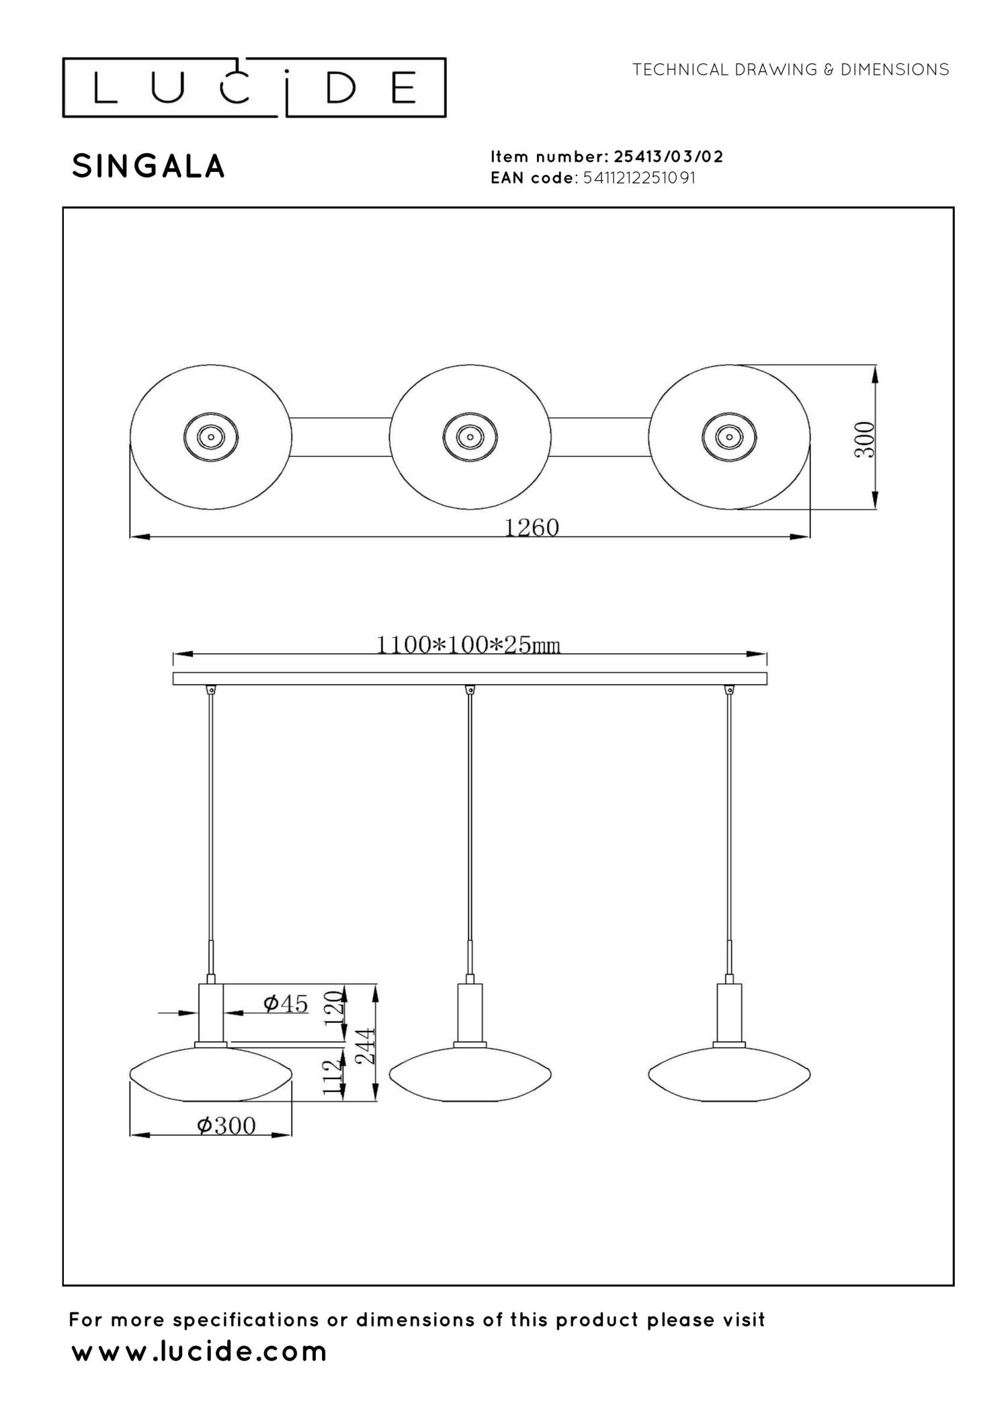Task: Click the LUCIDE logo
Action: pyautogui.click(x=254, y=88)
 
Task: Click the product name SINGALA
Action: pyautogui.click(x=148, y=167)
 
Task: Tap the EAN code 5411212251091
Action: pyautogui.click(x=639, y=178)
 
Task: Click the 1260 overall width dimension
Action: pyautogui.click(x=532, y=528)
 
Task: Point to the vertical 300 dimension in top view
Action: pyautogui.click(x=865, y=439)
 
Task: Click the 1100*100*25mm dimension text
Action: pyautogui.click(x=468, y=645)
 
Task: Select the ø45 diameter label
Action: pyautogui.click(x=286, y=1004)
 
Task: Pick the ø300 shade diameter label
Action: pyautogui.click(x=226, y=1126)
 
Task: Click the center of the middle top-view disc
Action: pyautogui.click(x=470, y=437)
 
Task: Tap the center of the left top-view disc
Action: pyautogui.click(x=210, y=437)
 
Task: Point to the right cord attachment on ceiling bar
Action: pyautogui.click(x=729, y=689)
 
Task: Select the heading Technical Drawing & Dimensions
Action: pyautogui.click(x=790, y=70)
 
